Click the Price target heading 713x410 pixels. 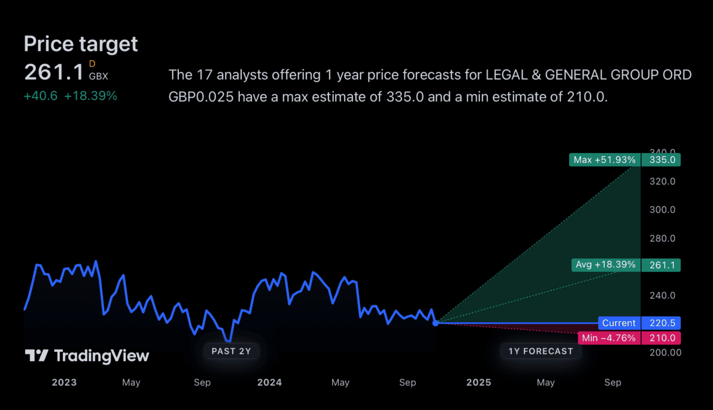[81, 44]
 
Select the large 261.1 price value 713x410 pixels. [54, 72]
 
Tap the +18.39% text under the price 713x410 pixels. [90, 96]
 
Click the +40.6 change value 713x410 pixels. [40, 96]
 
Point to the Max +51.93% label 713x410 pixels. [604, 159]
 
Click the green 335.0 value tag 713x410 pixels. [661, 159]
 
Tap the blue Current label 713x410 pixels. [619, 323]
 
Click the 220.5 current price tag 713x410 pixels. [661, 323]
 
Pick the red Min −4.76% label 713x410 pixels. [608, 338]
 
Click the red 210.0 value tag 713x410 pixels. [661, 338]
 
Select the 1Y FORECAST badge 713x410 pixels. [541, 351]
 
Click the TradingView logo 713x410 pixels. [87, 356]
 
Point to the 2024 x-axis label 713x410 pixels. [269, 383]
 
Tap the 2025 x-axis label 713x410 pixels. [478, 383]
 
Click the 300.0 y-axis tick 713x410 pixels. [663, 209]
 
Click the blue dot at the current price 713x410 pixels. [436, 323]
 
